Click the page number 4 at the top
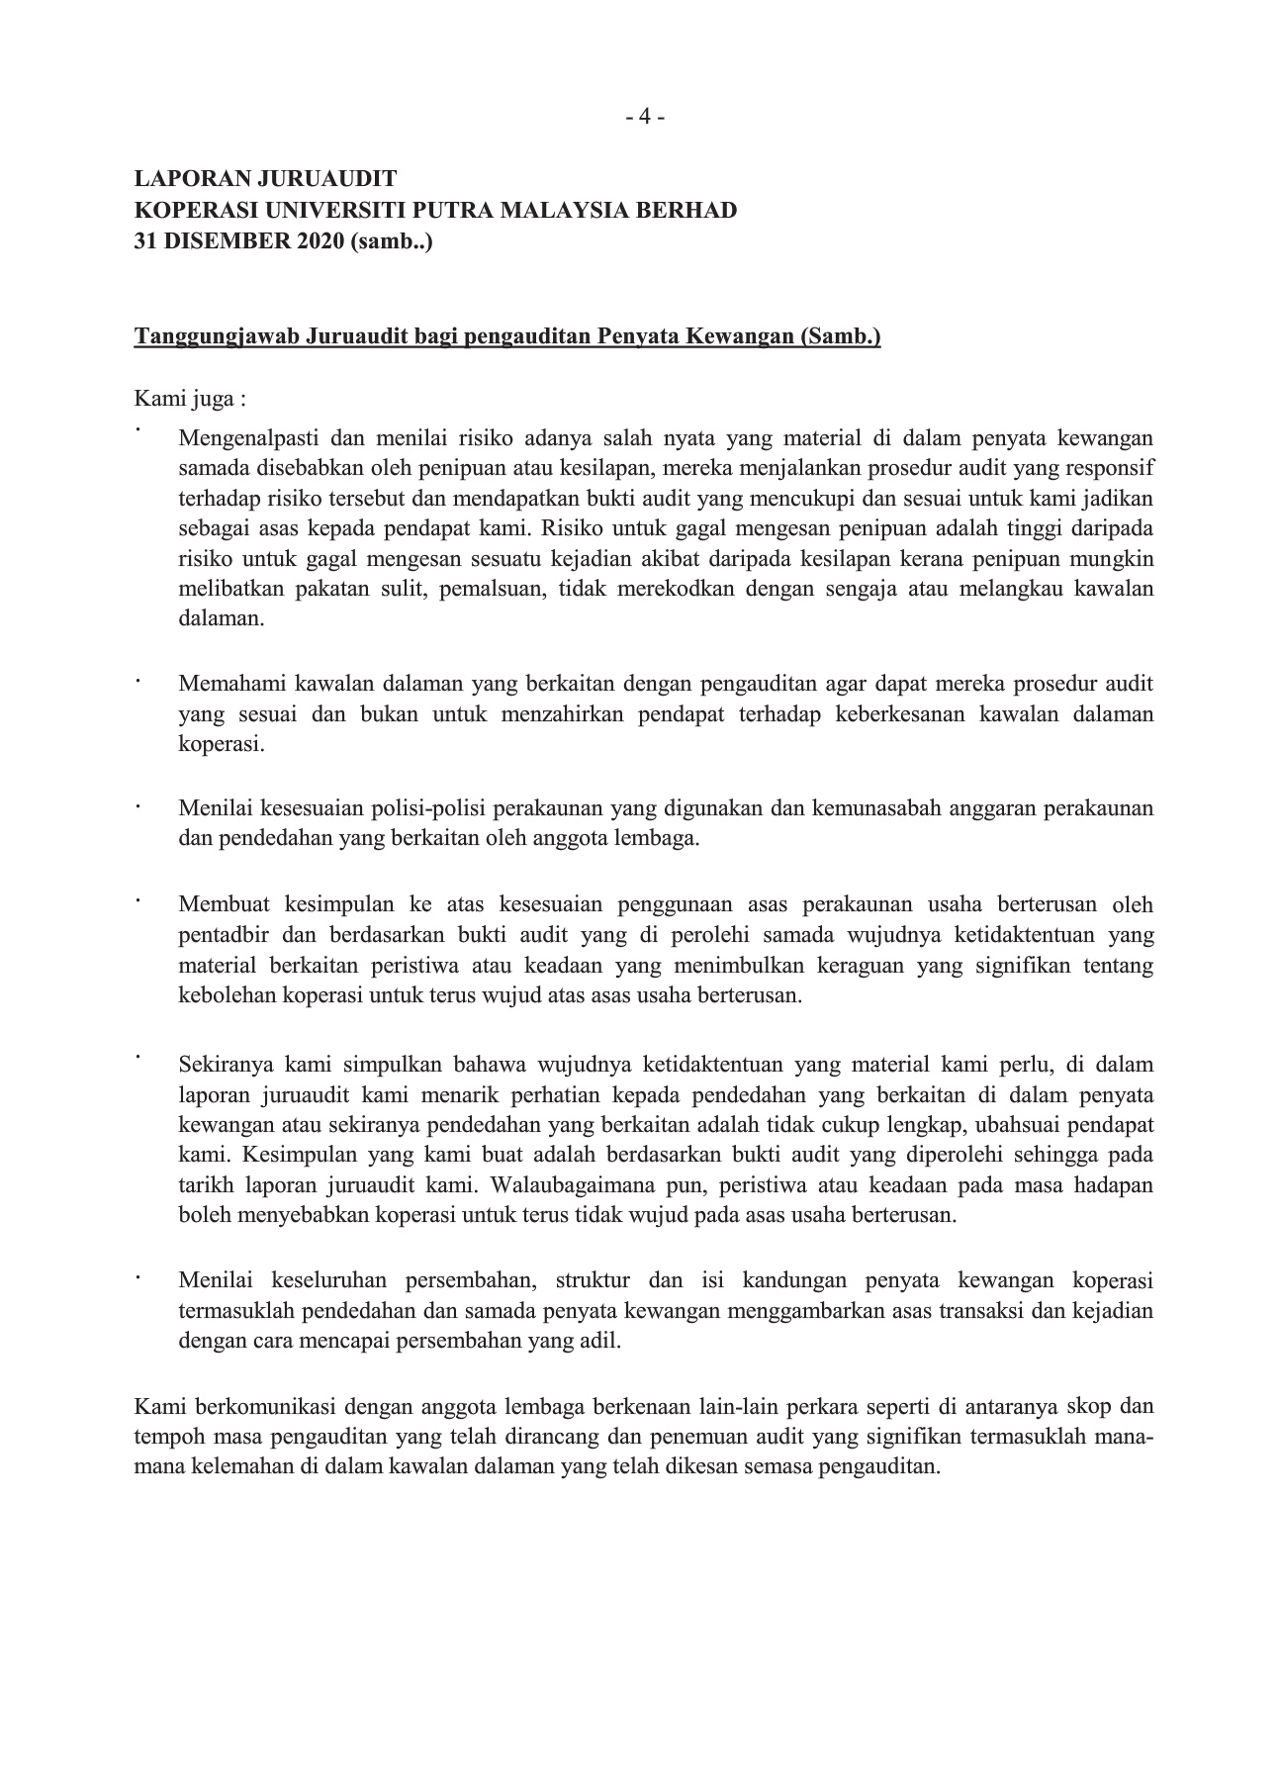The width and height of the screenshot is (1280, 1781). tap(644, 117)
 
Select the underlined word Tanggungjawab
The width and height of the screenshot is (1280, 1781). tap(216, 337)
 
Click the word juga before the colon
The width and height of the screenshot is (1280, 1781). tap(215, 400)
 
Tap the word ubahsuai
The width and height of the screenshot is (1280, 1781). tap(1017, 1125)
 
